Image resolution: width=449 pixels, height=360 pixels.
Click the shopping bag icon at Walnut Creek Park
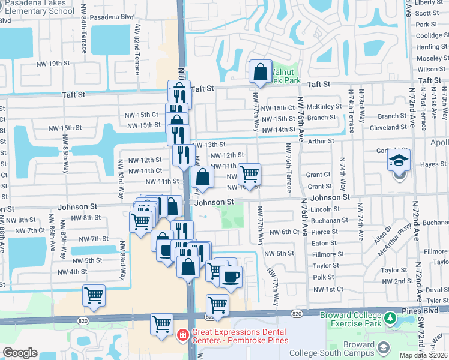[260, 72]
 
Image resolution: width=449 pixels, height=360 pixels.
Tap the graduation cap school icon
[398, 161]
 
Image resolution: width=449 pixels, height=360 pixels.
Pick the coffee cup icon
[230, 277]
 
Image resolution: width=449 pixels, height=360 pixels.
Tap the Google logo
[20, 353]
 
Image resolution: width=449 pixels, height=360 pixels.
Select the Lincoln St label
[326, 209]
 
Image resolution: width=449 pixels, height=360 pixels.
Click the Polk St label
[324, 277]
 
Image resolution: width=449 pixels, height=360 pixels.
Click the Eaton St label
[324, 243]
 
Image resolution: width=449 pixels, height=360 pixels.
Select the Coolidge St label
[429, 35]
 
